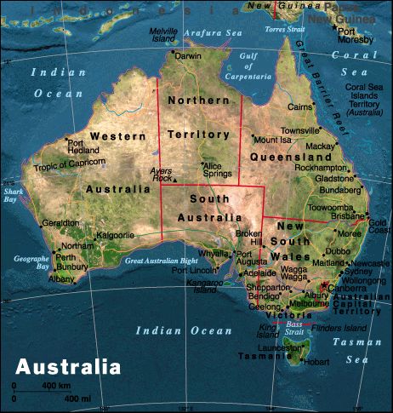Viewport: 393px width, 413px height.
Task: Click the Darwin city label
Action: (189, 56)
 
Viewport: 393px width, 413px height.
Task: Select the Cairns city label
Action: (299, 107)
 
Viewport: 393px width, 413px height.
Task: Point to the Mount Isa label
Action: (272, 140)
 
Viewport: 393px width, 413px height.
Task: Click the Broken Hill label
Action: (249, 238)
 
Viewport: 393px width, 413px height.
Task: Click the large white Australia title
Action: (69, 368)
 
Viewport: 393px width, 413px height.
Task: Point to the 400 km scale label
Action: (56, 387)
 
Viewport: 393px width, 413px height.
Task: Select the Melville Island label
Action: (163, 34)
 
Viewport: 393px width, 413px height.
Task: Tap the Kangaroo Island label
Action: (204, 285)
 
